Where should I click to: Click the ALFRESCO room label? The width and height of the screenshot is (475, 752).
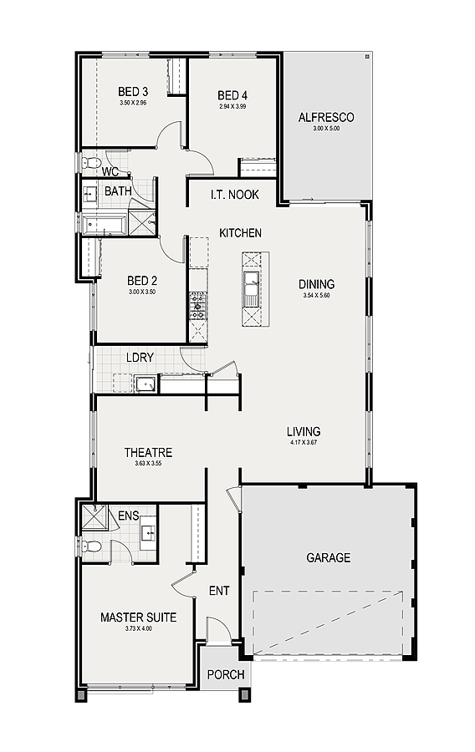pos(326,118)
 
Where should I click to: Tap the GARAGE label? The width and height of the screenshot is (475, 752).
pos(328,558)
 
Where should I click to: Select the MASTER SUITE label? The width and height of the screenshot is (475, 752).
pos(138,617)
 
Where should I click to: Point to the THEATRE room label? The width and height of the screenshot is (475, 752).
pos(148,452)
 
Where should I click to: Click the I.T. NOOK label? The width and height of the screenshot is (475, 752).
pos(235,194)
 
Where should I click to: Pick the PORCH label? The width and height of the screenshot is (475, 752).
pos(226,674)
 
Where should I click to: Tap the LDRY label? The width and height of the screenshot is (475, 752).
pos(140,358)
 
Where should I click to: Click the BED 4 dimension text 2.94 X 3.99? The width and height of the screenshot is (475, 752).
pos(232,106)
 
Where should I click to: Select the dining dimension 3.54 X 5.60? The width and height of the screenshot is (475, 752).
pos(316,296)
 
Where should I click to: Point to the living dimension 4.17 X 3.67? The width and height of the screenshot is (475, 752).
pos(304,442)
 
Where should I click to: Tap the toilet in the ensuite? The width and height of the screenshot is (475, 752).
pos(91,546)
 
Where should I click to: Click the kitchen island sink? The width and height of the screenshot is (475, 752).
pos(251,289)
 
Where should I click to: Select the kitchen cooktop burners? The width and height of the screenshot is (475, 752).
pos(197,306)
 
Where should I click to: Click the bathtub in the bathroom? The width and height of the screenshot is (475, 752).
pos(105,226)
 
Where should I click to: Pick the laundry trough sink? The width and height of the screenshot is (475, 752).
pos(146,384)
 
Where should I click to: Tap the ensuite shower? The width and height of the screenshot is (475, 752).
pos(94,516)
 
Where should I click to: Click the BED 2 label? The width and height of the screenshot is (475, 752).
pos(142,280)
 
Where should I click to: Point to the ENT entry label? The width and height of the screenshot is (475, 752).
pos(219,591)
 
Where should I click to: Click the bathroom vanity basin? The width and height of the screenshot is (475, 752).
pos(90,194)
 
